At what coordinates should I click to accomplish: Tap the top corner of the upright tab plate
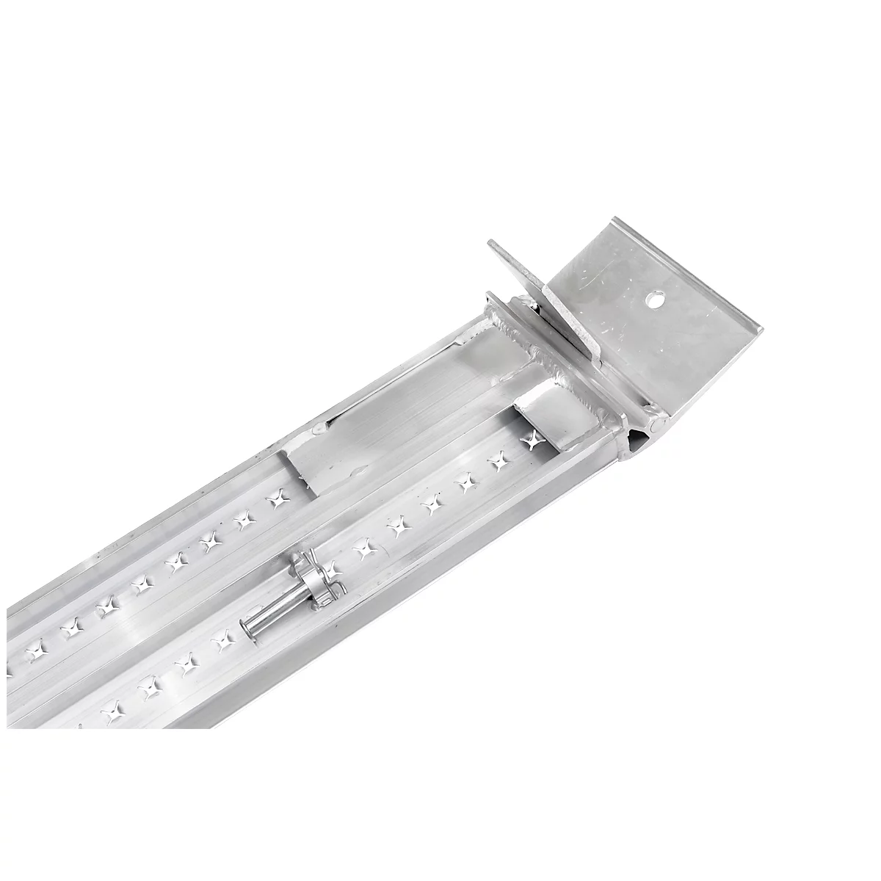click(490, 243)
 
